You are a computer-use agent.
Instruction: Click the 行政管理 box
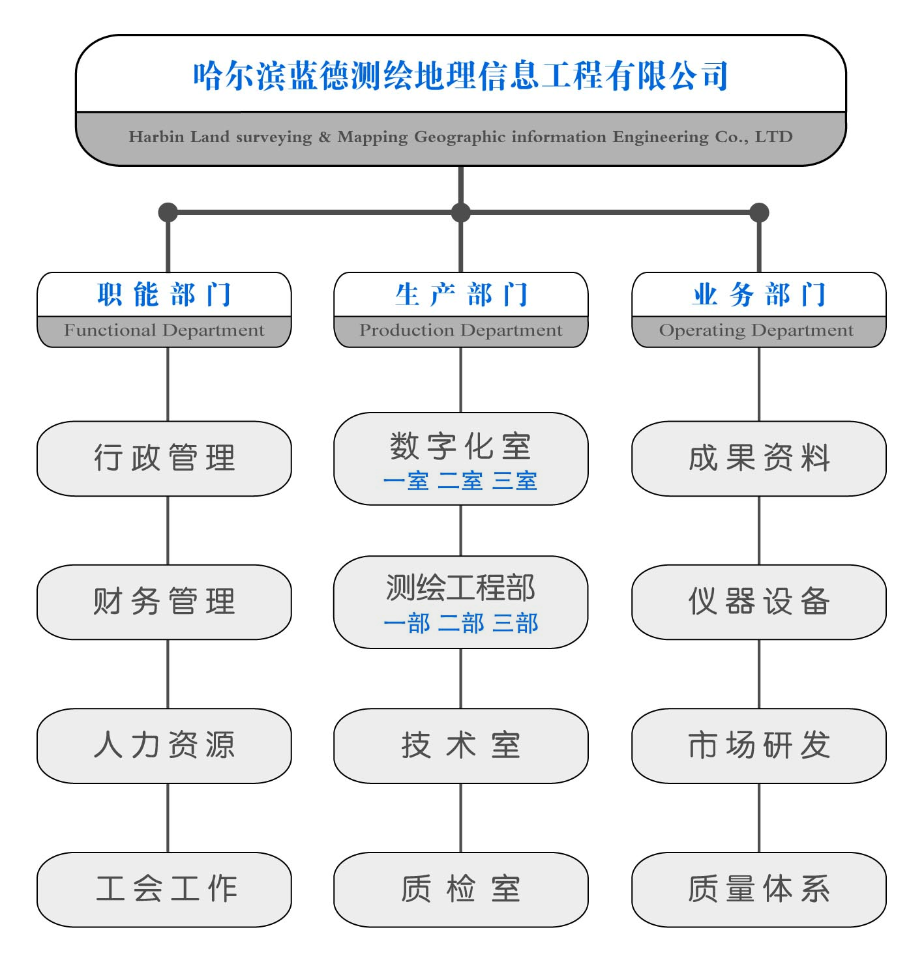point(164,458)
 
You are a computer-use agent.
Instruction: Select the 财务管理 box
point(164,602)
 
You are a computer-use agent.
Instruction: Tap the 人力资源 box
point(164,746)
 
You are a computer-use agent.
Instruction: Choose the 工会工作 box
point(164,889)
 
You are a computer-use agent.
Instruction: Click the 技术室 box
point(460,746)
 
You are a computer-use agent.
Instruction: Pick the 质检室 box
point(460,889)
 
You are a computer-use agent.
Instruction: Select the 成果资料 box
point(758,458)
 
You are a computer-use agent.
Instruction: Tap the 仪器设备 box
point(758,602)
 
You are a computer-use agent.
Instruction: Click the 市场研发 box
point(758,746)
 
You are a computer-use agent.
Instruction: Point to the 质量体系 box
point(758,889)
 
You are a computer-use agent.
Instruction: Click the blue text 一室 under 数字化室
point(406,482)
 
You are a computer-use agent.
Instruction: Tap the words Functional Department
point(164,330)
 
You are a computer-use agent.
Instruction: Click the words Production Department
point(460,330)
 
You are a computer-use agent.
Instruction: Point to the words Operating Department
point(756,330)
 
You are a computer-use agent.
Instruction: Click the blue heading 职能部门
point(164,295)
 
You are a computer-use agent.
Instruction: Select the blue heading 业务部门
point(758,295)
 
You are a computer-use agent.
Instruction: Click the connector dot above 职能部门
point(168,212)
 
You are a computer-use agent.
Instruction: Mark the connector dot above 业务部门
point(759,212)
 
